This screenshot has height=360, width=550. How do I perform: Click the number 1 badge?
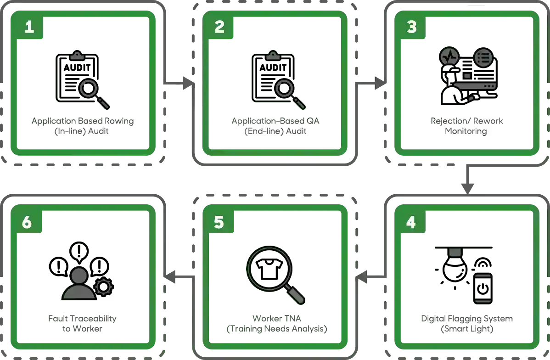tap(29, 26)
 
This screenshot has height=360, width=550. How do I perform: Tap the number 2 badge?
tap(219, 26)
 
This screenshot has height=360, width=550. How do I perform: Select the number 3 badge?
tap(411, 26)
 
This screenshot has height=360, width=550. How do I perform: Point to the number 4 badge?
tap(411, 222)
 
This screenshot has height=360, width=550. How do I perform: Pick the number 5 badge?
tap(219, 222)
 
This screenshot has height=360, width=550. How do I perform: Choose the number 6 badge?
tap(28, 222)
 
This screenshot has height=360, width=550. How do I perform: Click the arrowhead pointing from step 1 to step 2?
tap(188, 83)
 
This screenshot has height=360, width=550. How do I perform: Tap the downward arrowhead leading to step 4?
tap(467, 188)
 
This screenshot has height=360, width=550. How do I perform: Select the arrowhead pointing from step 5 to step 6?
tap(170, 277)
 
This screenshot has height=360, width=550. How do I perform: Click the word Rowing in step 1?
tap(119, 121)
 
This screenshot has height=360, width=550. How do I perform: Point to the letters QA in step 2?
tap(313, 121)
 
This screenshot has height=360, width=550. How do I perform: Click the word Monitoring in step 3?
tap(466, 131)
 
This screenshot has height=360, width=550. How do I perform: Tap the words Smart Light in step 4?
tap(467, 329)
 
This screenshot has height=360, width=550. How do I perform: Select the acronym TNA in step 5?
tap(292, 319)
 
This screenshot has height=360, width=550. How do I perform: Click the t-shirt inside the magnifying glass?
tap(269, 269)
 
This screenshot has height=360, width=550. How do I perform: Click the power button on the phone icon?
tap(483, 289)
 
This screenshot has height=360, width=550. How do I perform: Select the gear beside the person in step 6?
tap(103, 287)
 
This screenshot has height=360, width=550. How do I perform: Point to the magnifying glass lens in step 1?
tap(89, 88)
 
